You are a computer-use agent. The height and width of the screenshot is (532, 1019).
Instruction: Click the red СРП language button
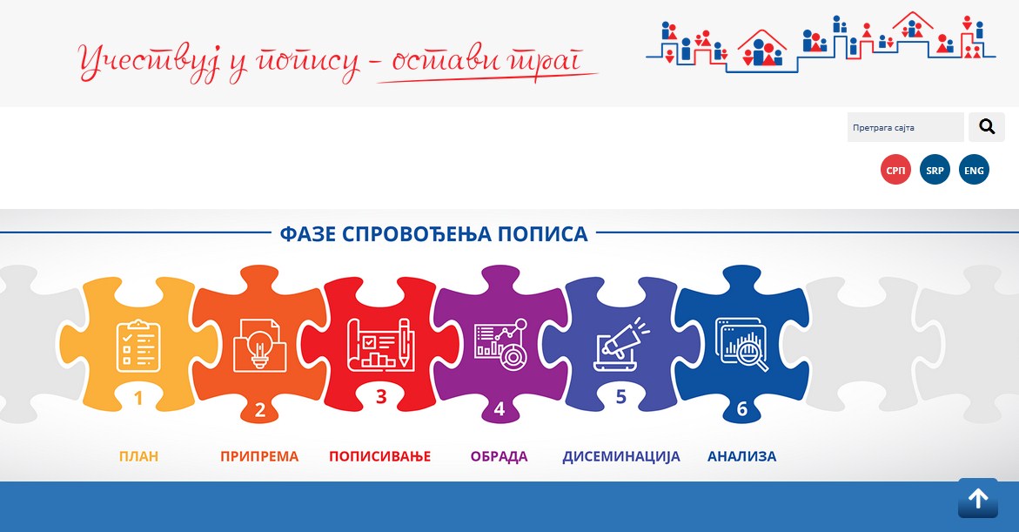click(x=895, y=170)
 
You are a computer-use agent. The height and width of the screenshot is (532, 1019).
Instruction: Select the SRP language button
click(x=935, y=170)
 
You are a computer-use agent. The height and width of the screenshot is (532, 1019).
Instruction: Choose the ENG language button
click(x=974, y=170)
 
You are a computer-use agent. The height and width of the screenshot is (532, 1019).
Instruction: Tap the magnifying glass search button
click(x=987, y=127)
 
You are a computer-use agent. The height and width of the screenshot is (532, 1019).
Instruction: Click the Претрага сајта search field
click(x=905, y=127)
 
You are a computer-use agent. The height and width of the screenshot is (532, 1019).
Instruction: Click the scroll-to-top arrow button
click(x=977, y=499)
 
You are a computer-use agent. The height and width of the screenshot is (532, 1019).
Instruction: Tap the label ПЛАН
click(x=138, y=456)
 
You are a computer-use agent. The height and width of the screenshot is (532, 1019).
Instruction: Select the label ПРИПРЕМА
click(x=259, y=456)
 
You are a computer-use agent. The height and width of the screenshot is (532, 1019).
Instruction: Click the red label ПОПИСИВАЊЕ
click(x=379, y=456)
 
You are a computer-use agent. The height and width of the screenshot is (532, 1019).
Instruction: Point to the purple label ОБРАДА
click(x=499, y=456)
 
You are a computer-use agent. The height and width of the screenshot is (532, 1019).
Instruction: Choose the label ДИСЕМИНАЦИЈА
click(x=621, y=456)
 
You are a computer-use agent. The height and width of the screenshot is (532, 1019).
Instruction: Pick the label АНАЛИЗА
click(x=741, y=456)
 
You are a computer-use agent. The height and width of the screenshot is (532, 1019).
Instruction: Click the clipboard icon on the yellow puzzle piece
click(x=138, y=346)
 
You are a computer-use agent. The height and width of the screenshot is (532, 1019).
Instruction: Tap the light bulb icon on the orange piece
click(x=259, y=346)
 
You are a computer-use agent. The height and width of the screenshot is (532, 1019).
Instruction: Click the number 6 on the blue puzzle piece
click(x=742, y=408)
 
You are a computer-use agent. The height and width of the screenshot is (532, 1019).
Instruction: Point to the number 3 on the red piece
click(x=381, y=396)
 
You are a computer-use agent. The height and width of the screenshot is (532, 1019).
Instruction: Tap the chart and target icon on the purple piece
click(x=500, y=345)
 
